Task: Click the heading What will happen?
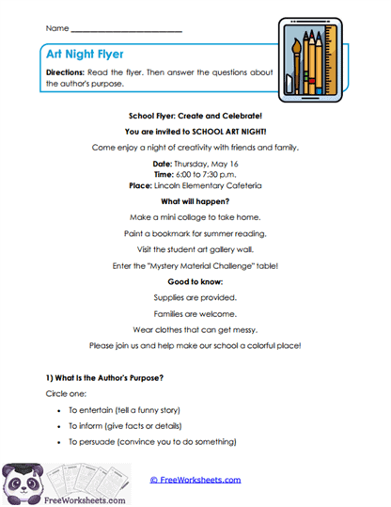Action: [195, 201]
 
